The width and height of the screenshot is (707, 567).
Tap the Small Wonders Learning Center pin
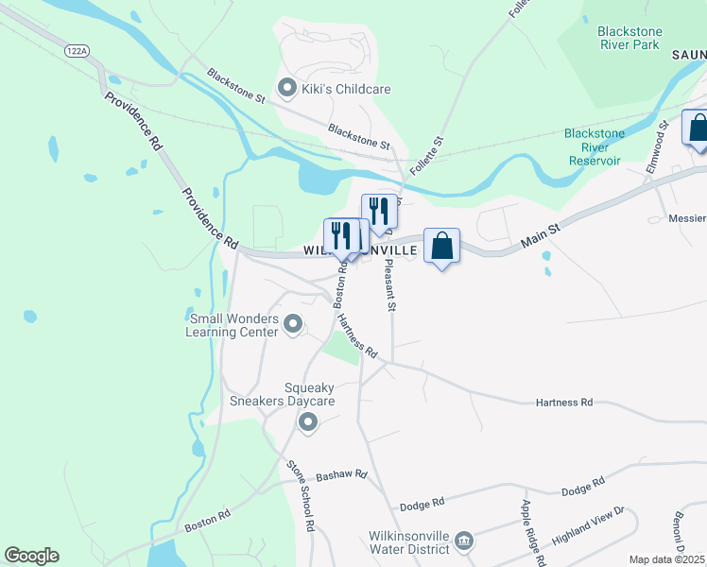click(293, 325)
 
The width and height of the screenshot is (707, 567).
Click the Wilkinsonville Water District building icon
click(464, 541)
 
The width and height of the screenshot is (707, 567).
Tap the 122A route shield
click(78, 50)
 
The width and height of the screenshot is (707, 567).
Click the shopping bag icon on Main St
click(441, 247)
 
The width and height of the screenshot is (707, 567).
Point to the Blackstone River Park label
click(629, 38)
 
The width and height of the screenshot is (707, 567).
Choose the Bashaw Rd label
click(340, 475)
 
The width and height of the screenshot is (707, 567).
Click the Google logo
click(31, 556)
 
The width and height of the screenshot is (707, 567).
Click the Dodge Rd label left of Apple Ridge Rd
click(422, 503)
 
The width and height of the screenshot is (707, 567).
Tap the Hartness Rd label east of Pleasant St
click(563, 403)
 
